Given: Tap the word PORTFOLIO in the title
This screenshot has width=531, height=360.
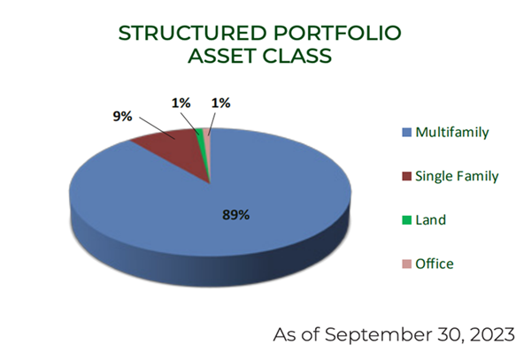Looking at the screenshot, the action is click(x=337, y=33).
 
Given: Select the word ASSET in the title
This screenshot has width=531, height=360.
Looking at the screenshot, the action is click(x=221, y=56).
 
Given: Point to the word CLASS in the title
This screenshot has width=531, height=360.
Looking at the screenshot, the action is click(x=296, y=56).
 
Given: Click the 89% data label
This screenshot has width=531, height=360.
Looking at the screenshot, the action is click(x=235, y=215).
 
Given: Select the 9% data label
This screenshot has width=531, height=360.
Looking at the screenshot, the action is click(x=122, y=117).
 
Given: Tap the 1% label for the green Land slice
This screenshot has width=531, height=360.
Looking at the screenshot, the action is click(x=181, y=103).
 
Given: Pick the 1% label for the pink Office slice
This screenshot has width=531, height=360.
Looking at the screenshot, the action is click(x=220, y=103).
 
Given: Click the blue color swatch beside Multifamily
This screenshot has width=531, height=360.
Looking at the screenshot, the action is click(x=406, y=133).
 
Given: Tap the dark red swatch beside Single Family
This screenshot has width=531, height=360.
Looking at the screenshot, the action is click(x=406, y=176).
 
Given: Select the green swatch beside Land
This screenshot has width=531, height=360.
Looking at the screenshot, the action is click(x=406, y=220).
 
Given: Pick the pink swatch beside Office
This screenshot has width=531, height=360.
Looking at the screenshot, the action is click(x=406, y=264).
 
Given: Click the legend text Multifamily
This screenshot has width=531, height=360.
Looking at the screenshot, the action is click(x=452, y=133).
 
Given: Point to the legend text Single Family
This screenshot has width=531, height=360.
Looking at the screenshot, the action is click(x=457, y=176).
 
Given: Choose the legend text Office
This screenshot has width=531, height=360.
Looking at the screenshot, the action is click(x=435, y=264).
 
